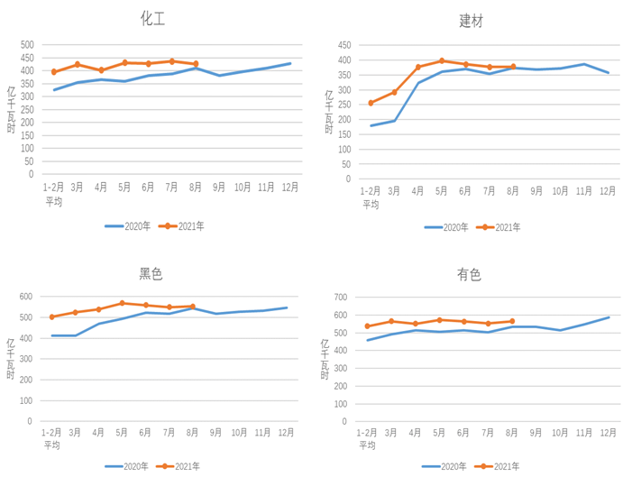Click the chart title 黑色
pyautogui.click(x=151, y=274)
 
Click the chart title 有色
pyautogui.click(x=469, y=274)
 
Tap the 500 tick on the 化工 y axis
pyautogui.click(x=27, y=45)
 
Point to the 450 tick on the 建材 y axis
pyautogui.click(x=343, y=44)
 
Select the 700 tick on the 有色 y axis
pyautogui.click(x=340, y=297)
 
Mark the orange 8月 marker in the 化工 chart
pyautogui.click(x=196, y=64)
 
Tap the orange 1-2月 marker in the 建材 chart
pyautogui.click(x=371, y=103)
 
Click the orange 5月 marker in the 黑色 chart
pyautogui.click(x=123, y=303)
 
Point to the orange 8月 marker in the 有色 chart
pyautogui.click(x=512, y=321)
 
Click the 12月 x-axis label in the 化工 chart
pyautogui.click(x=289, y=188)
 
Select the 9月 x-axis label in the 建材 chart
pyautogui.click(x=536, y=191)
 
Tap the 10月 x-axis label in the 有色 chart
pyautogui.click(x=560, y=433)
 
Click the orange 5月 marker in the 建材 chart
pyautogui.click(x=442, y=61)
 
